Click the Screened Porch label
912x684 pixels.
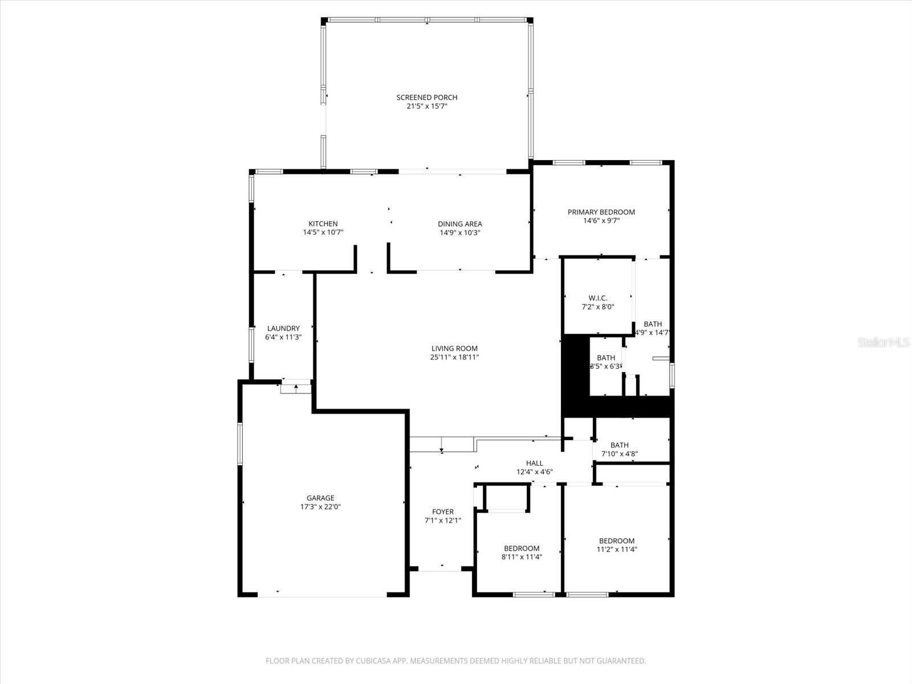click(426, 97)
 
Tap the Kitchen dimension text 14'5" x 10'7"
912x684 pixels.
click(323, 233)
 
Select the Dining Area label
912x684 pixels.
click(459, 224)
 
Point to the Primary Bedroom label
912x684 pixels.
click(601, 212)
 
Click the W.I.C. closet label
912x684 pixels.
click(597, 298)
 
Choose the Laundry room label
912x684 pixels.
click(283, 328)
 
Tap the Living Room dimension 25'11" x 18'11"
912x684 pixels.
click(454, 357)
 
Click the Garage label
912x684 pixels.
click(320, 498)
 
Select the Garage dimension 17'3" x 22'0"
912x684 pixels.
click(320, 507)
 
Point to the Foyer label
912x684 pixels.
click(443, 512)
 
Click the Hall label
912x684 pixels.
click(534, 463)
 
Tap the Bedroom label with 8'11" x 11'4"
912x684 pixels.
click(521, 548)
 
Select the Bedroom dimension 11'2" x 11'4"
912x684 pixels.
click(616, 549)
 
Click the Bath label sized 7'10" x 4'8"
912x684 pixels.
click(619, 445)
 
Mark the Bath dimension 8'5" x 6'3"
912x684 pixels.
click(606, 367)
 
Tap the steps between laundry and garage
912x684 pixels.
click(296, 388)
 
